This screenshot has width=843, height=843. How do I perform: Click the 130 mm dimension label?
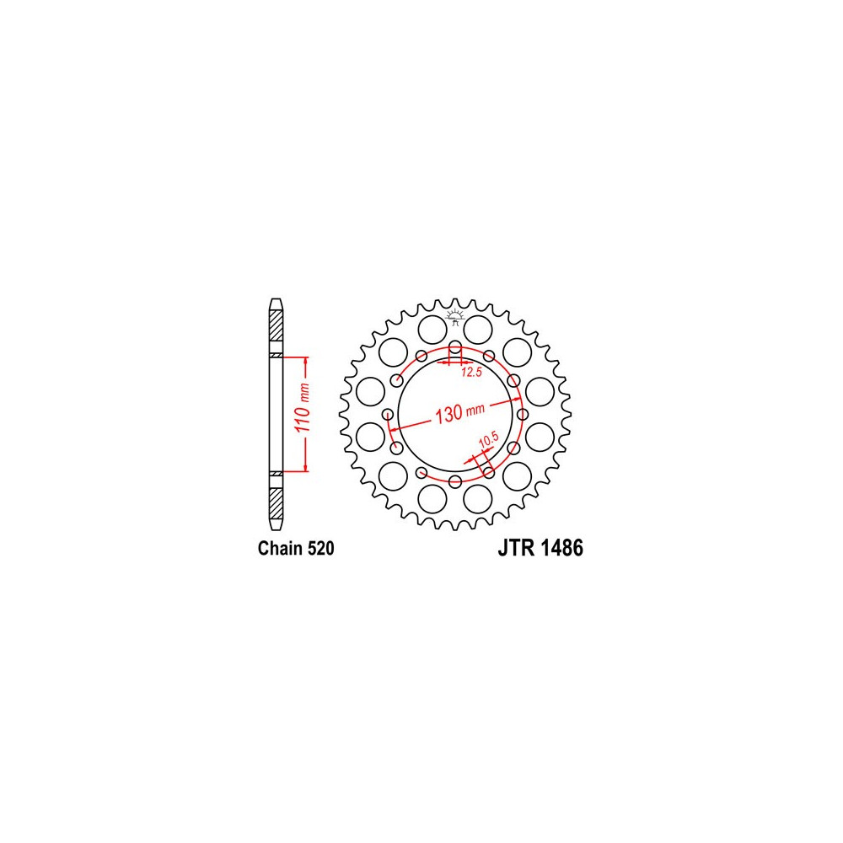pyautogui.click(x=459, y=413)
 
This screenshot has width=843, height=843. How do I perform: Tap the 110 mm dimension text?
pyautogui.click(x=303, y=407)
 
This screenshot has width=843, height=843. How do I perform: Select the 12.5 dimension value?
pyautogui.click(x=471, y=372)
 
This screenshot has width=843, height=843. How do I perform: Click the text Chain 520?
pyautogui.click(x=296, y=549)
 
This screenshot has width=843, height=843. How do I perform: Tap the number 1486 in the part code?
pyautogui.click(x=562, y=548)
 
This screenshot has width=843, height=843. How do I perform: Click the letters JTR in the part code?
pyautogui.click(x=517, y=548)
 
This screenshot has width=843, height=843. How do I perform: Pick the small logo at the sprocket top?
pyautogui.click(x=455, y=317)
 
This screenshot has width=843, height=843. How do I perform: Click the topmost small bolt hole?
pyautogui.click(x=455, y=346)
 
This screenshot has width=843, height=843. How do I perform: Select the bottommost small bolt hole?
pyautogui.click(x=455, y=481)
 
